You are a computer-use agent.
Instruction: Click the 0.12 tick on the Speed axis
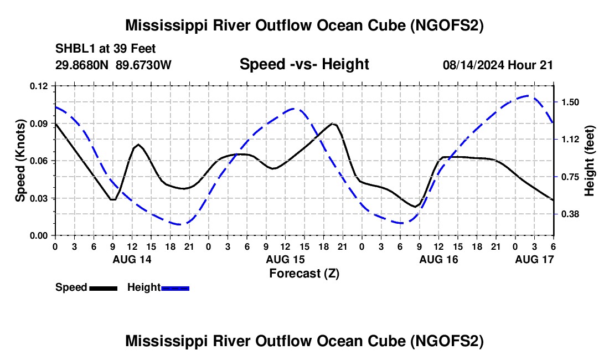[40, 86]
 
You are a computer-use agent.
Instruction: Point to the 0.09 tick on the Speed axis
[40, 124]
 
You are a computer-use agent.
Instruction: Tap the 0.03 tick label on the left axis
[40, 198]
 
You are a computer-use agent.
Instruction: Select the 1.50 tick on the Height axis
[570, 102]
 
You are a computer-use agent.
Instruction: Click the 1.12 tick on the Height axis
[570, 140]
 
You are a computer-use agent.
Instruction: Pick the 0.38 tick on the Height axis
[570, 214]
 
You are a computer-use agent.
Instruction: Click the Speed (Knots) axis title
[20, 161]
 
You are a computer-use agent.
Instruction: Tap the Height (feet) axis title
[589, 161]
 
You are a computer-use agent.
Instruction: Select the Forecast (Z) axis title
[304, 273]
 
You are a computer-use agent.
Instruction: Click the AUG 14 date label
[132, 259]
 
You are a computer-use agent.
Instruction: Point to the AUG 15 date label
[285, 259]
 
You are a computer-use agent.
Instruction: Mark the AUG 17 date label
[534, 259]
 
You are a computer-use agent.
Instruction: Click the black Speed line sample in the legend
[103, 287]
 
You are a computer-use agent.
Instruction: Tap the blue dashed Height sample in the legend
[175, 287]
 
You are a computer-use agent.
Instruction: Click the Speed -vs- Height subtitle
[304, 65]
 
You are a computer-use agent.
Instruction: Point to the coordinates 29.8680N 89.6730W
[113, 65]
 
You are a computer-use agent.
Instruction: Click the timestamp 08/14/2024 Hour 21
[498, 65]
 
